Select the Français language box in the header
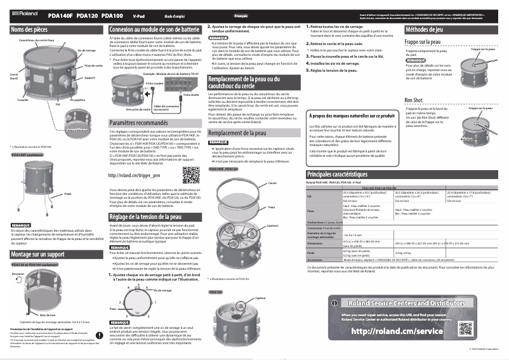[241, 14]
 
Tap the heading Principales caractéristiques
[346, 174]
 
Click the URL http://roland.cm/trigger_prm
[135, 175]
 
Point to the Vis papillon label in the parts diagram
[77, 100]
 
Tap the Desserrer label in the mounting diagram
[18, 274]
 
